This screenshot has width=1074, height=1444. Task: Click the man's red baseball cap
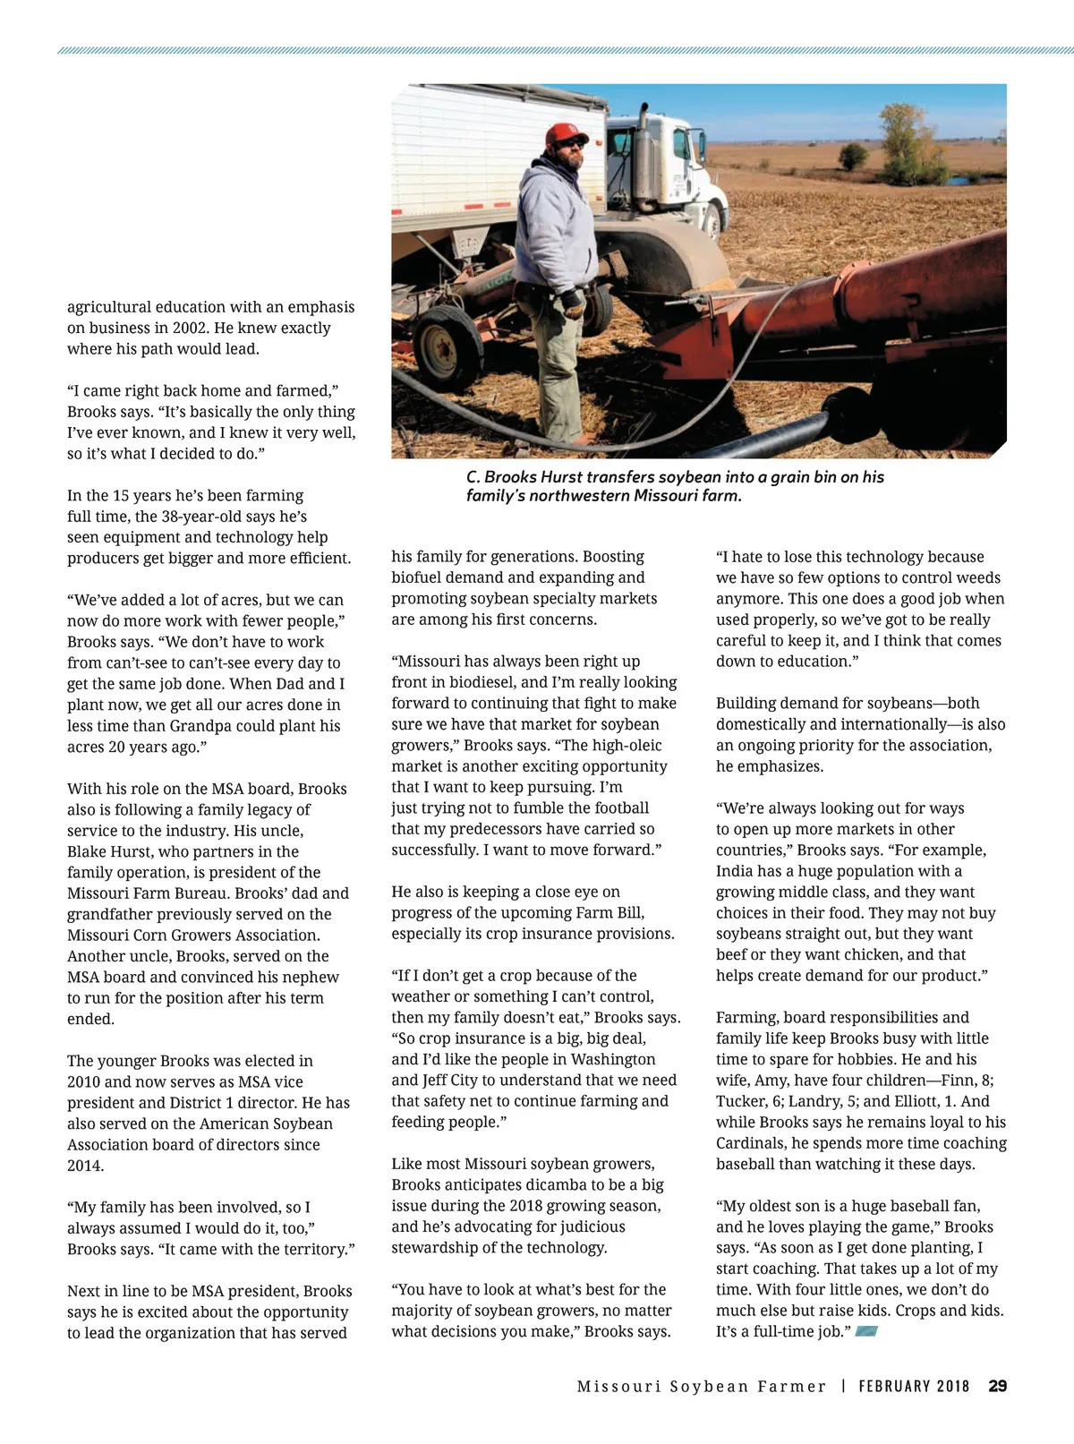pyautogui.click(x=566, y=132)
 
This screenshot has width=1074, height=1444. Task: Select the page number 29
pyautogui.click(x=997, y=1386)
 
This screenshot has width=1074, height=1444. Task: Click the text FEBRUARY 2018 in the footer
pyautogui.click(x=914, y=1386)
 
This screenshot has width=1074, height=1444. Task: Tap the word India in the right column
pyautogui.click(x=734, y=871)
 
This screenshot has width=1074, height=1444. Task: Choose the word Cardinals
pyautogui.click(x=754, y=1143)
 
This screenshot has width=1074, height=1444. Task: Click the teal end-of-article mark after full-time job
pyautogui.click(x=865, y=1332)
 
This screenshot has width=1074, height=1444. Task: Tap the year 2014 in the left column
pyautogui.click(x=86, y=1166)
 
